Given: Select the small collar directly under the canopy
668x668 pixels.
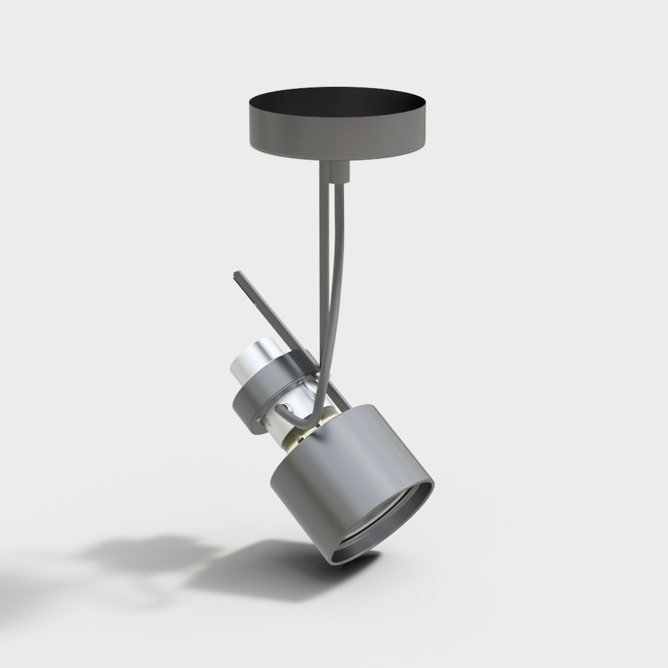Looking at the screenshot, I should (x=335, y=172).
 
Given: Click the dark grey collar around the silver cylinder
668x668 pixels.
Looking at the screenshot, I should (x=261, y=394).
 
